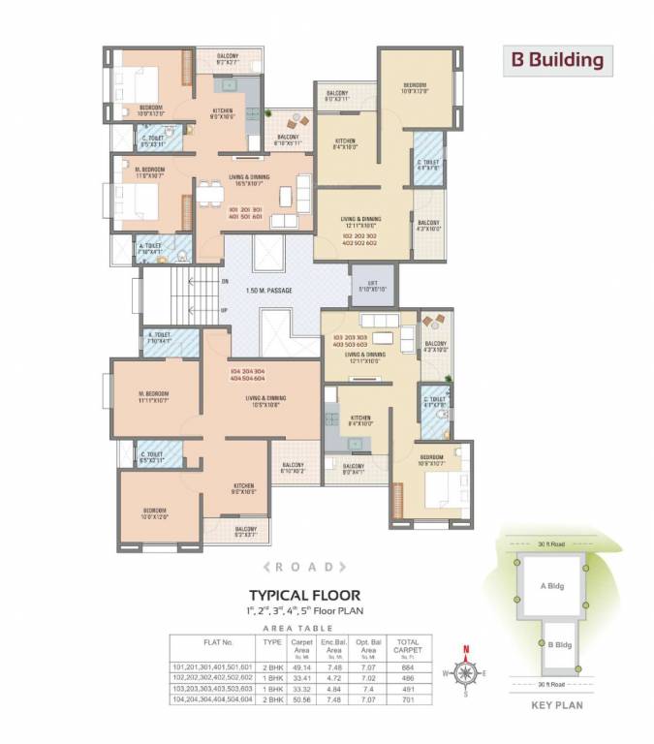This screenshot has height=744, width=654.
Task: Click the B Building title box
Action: [557, 60]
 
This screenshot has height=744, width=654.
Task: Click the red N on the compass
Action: [464, 650]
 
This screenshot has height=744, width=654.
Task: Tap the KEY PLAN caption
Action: [556, 706]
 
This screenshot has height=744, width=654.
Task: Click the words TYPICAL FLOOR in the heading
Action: [305, 595]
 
